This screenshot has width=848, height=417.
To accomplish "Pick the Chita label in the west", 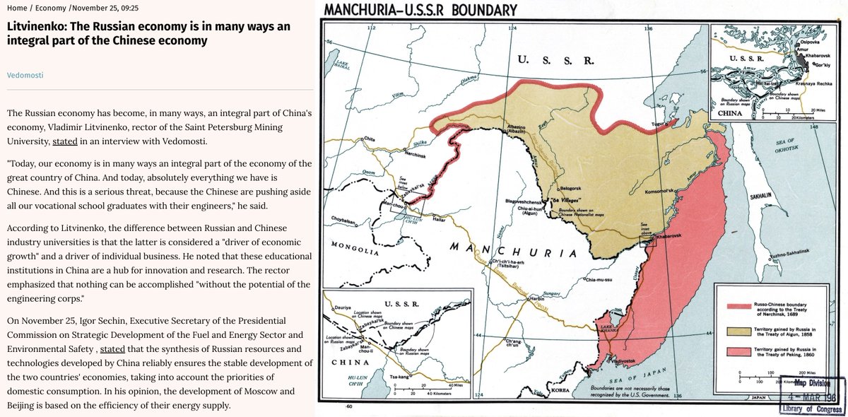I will click(x=368, y=139).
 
